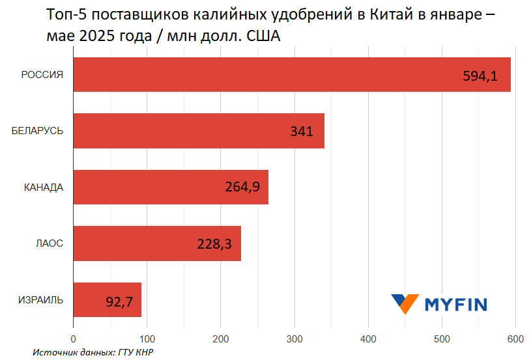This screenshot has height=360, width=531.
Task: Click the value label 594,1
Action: tap(480, 76)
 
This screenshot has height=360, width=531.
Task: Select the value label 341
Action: tap(302, 132)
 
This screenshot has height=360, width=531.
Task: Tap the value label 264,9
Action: tap(242, 187)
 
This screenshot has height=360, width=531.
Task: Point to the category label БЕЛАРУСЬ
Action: tap(37, 131)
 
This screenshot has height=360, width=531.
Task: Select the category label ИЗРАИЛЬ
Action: tap(40, 299)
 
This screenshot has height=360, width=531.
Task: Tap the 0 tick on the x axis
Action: tap(74, 339)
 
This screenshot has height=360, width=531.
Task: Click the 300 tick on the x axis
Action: tap(294, 339)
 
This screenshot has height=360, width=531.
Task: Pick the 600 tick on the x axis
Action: tap(515, 339)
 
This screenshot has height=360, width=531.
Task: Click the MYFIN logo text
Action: tap(456, 303)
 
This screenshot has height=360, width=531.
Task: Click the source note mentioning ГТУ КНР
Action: tap(95, 352)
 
